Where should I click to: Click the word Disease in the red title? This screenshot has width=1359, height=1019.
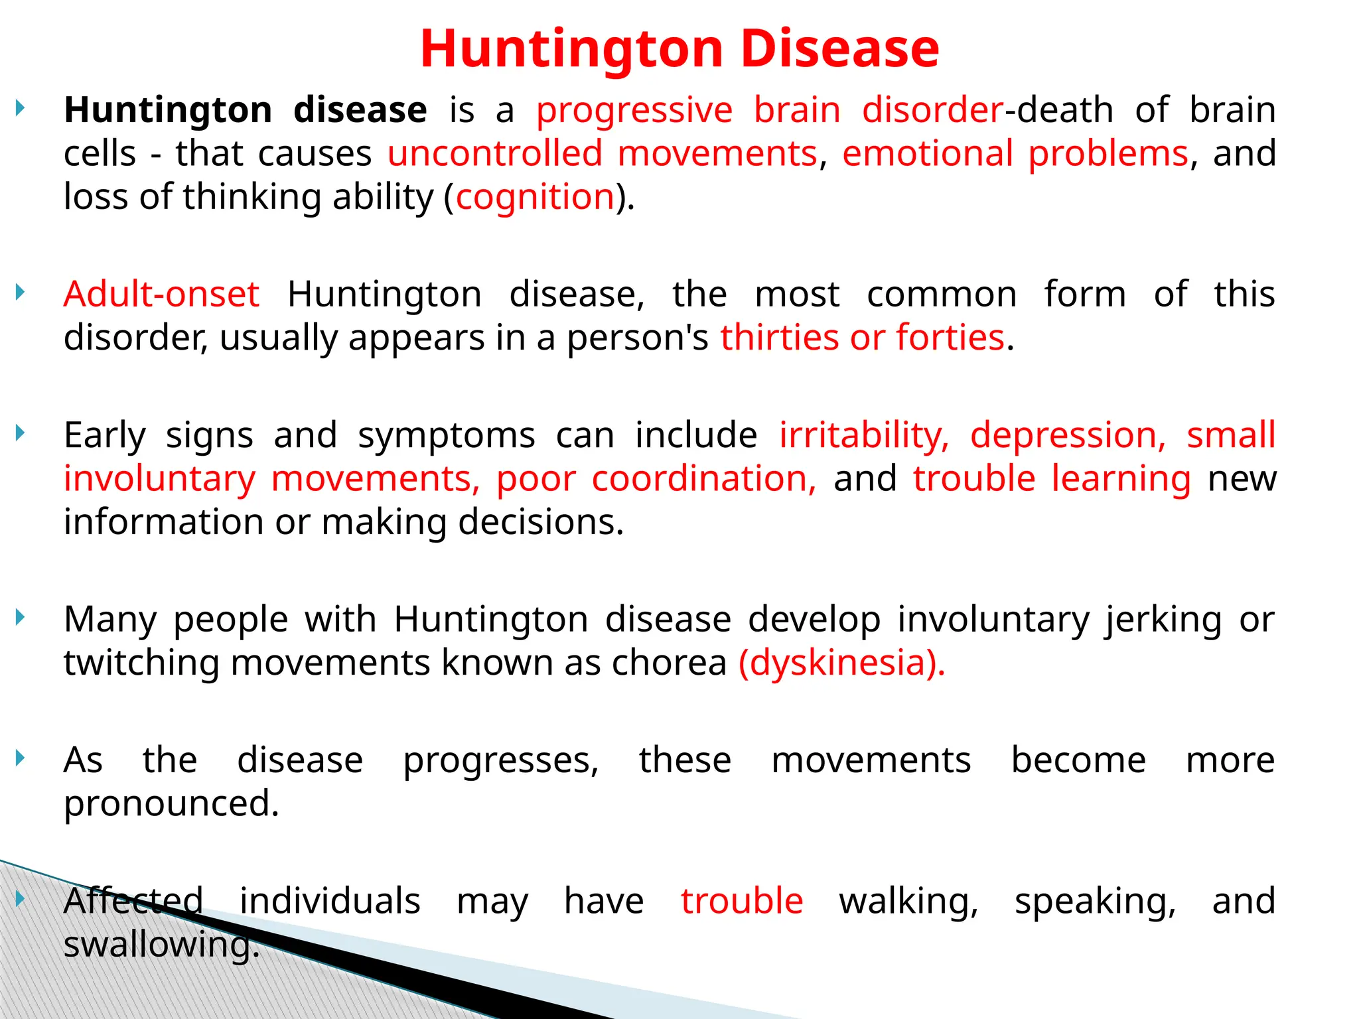(x=839, y=49)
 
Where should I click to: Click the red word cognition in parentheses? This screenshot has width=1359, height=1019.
(x=535, y=197)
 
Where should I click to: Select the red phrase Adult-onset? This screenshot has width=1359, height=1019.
(x=161, y=294)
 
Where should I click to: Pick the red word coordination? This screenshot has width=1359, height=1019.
(x=703, y=478)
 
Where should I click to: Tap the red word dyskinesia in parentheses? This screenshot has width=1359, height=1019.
(x=841, y=663)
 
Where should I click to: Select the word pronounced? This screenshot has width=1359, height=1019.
(x=171, y=803)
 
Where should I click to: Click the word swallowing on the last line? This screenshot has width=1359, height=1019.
(x=161, y=944)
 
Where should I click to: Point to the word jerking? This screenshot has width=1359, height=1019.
(x=1163, y=620)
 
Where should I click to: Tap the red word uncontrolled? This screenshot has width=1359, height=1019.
(x=494, y=153)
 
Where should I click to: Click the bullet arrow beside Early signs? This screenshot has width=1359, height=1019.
(x=21, y=433)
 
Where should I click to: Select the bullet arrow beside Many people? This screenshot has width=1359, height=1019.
(x=21, y=618)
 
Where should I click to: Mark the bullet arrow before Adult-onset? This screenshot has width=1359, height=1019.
(x=21, y=292)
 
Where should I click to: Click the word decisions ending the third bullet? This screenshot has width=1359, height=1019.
(x=540, y=522)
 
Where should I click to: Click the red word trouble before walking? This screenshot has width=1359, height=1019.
(x=741, y=901)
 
